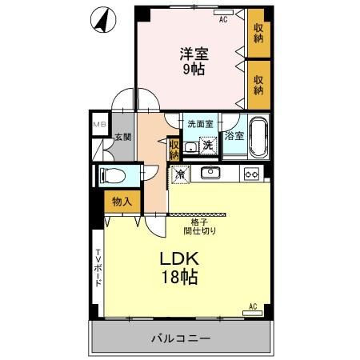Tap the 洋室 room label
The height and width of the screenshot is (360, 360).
[x=193, y=54]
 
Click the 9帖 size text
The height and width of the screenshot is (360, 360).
[x=193, y=70]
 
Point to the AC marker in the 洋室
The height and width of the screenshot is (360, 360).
[x=223, y=18]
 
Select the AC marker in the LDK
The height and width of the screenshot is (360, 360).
[x=253, y=306]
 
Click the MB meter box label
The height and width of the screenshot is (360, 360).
[x=99, y=125]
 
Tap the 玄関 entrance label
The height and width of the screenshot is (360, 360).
[x=122, y=138]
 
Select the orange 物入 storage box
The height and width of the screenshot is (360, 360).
[x=122, y=202]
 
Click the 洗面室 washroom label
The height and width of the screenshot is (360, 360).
[x=200, y=124]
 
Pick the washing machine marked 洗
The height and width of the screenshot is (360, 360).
[x=208, y=145]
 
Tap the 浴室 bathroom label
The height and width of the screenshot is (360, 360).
[x=234, y=136]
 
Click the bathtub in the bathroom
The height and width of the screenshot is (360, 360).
[x=258, y=136]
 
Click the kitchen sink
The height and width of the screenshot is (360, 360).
[x=210, y=173]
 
